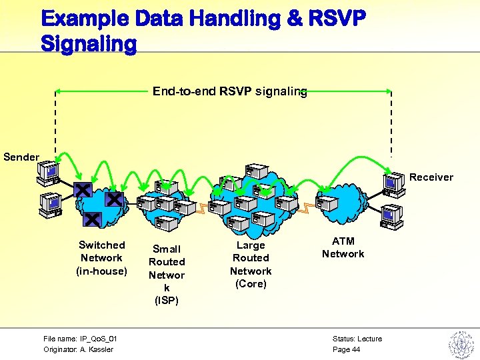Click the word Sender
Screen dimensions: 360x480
pos(21,157)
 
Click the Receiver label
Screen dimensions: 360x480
pos(431,177)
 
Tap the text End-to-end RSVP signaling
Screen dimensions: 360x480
pos(230,92)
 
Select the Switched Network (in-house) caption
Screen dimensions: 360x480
pos(101,258)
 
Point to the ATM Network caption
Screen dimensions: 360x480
pos(343,247)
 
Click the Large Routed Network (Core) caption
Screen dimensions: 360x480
pos(251,265)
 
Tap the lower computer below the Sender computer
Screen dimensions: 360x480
pos(50,205)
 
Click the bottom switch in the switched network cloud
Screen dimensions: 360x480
pos(93,218)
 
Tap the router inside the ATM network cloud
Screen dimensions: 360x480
pos(329,202)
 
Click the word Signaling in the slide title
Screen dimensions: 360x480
pos(89,44)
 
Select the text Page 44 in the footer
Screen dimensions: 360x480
pos(346,349)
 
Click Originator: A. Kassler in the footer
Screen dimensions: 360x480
pos(78,349)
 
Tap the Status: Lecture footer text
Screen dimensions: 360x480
pos(357,339)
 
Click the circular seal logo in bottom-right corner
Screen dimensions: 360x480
pos(459,345)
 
